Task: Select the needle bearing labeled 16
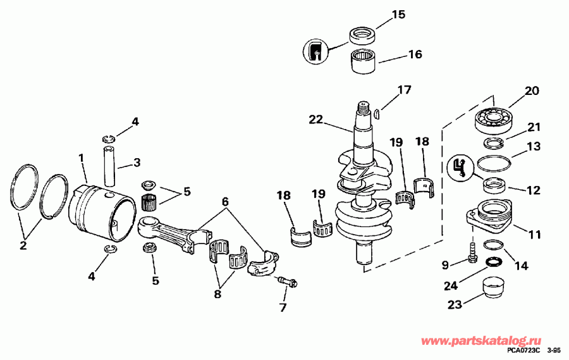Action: pos(364,61)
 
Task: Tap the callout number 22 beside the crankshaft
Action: pos(317,119)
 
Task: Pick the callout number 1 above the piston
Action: pos(81,157)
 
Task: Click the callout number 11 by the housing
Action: pos(535,235)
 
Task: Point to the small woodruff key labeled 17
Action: pos(376,114)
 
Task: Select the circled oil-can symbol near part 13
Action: pos(460,168)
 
